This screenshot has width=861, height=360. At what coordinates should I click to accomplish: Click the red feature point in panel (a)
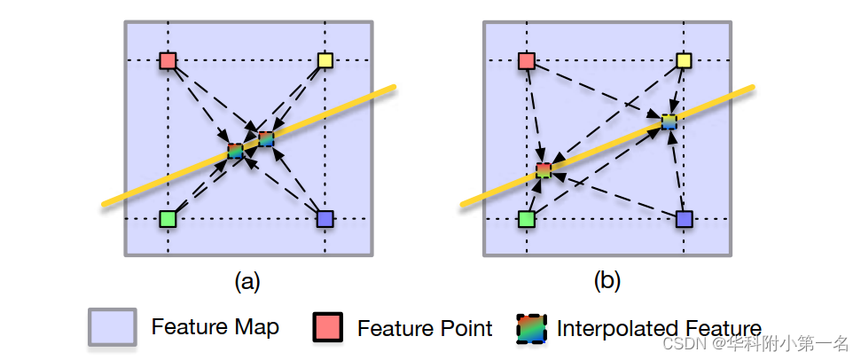pyautogui.click(x=168, y=61)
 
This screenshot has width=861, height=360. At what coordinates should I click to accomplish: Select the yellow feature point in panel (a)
pyautogui.click(x=325, y=61)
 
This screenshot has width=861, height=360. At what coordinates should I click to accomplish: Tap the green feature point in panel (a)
pyautogui.click(x=168, y=218)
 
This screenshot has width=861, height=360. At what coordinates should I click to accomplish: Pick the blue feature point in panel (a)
pyautogui.click(x=325, y=218)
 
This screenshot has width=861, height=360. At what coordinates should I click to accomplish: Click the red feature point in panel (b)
pyautogui.click(x=526, y=61)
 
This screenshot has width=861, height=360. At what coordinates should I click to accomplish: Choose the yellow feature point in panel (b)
pyautogui.click(x=684, y=61)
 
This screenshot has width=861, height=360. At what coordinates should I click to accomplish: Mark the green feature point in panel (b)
pyautogui.click(x=526, y=218)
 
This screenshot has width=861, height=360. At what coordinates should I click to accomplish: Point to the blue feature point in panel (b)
pyautogui.click(x=684, y=218)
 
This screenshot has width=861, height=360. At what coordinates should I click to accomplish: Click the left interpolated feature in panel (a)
pyautogui.click(x=235, y=151)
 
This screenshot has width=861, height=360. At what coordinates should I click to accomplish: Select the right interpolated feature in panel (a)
pyautogui.click(x=266, y=138)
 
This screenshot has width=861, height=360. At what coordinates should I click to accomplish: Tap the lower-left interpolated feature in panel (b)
pyautogui.click(x=544, y=169)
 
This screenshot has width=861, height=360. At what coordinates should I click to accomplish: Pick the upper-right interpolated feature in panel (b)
pyautogui.click(x=669, y=121)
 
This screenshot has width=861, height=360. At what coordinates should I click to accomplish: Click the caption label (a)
pyautogui.click(x=247, y=282)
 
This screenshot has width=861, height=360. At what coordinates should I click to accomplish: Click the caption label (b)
pyautogui.click(x=607, y=282)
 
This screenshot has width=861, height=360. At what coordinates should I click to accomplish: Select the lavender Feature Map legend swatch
pyautogui.click(x=112, y=327)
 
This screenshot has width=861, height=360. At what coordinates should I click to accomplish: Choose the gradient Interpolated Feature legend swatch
pyautogui.click(x=532, y=328)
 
